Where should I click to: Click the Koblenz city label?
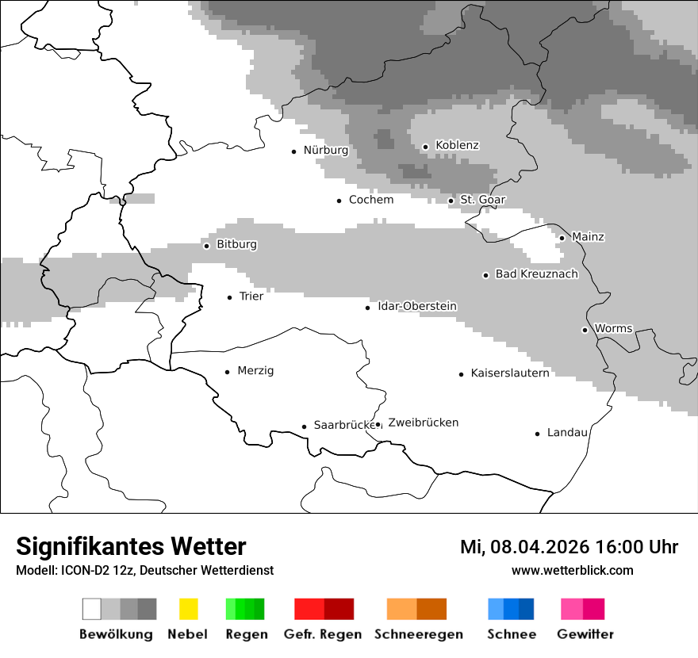(x=457, y=146)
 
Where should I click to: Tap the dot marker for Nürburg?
(x=294, y=151)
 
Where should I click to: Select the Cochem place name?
(x=371, y=200)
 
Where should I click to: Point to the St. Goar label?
(x=483, y=200)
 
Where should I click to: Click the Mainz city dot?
(x=562, y=238)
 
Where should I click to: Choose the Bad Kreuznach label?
(x=537, y=274)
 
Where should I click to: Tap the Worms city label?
(x=613, y=328)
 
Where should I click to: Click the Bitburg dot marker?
(x=206, y=246)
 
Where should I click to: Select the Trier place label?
(x=251, y=296)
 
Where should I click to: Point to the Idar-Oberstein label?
(x=417, y=307)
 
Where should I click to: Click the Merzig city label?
(x=255, y=371)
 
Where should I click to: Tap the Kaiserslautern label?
(x=510, y=373)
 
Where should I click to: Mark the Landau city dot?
(x=537, y=434)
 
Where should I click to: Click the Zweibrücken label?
(x=424, y=423)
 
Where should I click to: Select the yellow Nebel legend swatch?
(x=188, y=609)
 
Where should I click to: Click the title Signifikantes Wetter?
(x=131, y=547)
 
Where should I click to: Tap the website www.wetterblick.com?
(x=573, y=571)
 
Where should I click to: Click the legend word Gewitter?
(x=585, y=634)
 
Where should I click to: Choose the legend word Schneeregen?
(x=419, y=634)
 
